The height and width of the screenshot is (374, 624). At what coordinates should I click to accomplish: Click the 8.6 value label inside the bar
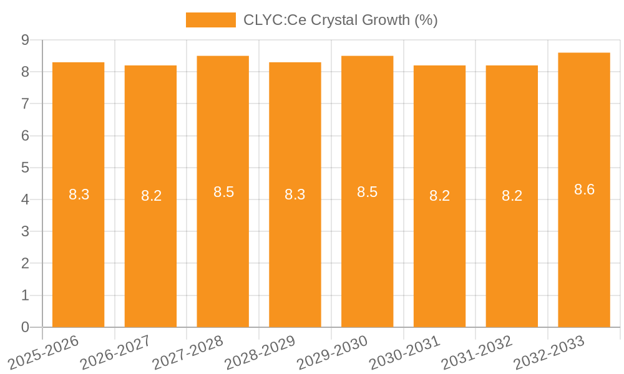pos(584,190)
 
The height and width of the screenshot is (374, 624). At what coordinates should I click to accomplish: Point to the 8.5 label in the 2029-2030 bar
pos(367,192)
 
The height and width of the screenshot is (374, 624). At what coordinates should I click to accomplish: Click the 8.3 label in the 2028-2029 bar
pos(295,194)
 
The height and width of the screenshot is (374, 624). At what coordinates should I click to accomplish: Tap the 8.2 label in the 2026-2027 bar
pos(151,196)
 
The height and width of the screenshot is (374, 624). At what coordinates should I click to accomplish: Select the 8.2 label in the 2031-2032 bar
pos(512,196)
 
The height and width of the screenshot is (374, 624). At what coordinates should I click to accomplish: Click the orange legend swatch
pos(210,20)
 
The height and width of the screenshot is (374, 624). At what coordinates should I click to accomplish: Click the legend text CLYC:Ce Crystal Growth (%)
pos(340,20)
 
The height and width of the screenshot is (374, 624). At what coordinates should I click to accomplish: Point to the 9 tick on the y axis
pos(25,40)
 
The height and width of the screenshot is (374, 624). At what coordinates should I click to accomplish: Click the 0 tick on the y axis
pos(25,327)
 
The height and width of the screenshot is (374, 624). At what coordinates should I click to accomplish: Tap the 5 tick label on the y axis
pos(25,168)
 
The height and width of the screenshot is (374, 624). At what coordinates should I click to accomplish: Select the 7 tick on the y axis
pos(25,103)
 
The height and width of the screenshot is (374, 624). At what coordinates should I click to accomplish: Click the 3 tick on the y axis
pos(25,231)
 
